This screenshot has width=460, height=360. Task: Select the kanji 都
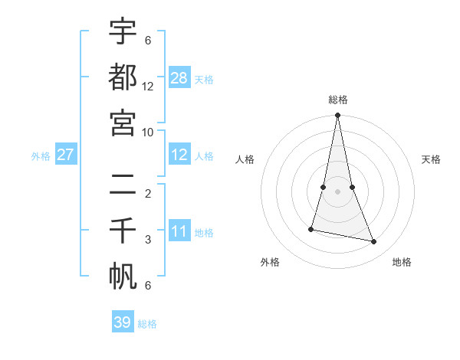click(123, 77)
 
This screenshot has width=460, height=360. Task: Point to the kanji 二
click(123, 184)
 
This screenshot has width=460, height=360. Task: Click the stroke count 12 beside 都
click(148, 87)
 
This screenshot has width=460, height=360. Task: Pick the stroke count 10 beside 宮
click(148, 132)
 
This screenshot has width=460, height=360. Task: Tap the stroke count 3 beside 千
click(148, 240)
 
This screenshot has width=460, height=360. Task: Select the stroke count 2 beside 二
click(148, 193)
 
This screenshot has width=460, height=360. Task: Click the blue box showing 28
click(179, 77)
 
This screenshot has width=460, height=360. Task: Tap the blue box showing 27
click(65, 155)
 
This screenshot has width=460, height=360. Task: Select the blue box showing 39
click(123, 322)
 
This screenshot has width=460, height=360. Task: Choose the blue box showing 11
click(179, 231)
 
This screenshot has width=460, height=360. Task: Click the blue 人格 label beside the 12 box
click(204, 155)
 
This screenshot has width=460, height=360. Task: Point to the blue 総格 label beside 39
click(147, 324)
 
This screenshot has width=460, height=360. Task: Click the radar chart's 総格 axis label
click(338, 100)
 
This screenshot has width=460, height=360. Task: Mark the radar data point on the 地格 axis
click(374, 241)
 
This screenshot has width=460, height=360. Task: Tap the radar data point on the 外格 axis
click(311, 229)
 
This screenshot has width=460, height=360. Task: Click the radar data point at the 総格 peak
click(338, 116)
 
